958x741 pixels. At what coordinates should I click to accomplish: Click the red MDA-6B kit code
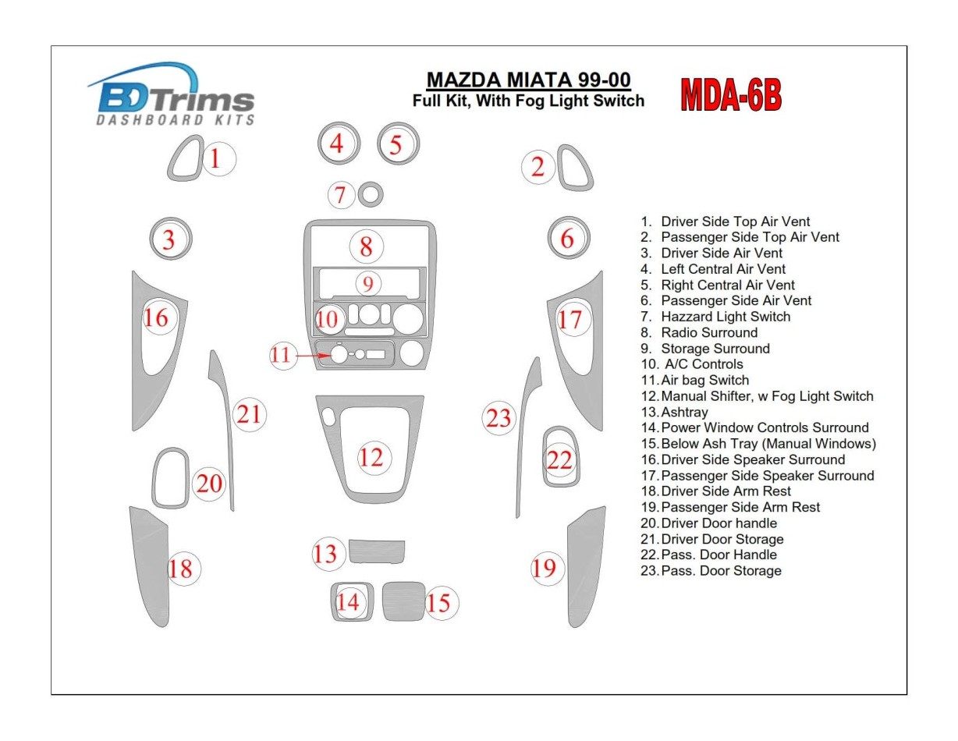coord(730,96)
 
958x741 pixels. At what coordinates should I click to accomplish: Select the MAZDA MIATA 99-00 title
coord(528,80)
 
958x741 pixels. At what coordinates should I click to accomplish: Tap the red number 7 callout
coord(340,195)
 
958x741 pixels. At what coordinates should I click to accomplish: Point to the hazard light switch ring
coord(370,194)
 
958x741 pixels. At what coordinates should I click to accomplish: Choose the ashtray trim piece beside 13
coord(376,551)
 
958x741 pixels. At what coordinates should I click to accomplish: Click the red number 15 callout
coord(439,603)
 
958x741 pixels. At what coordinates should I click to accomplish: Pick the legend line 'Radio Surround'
coord(708,332)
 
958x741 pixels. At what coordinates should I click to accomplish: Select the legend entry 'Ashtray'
coord(684,412)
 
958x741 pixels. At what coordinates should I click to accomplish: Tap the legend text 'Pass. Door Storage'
coord(720,571)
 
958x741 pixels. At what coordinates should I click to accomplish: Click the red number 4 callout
coord(336,144)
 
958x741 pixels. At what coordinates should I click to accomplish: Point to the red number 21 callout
coord(249,414)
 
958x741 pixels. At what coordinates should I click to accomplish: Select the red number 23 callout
coord(499,419)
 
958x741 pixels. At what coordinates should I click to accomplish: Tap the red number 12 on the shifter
coord(371,457)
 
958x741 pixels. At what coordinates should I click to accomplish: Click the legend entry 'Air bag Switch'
coord(704,380)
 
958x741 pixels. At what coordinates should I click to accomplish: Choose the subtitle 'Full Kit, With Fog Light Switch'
coord(528,101)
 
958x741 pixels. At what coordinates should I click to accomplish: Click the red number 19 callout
coord(544,568)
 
